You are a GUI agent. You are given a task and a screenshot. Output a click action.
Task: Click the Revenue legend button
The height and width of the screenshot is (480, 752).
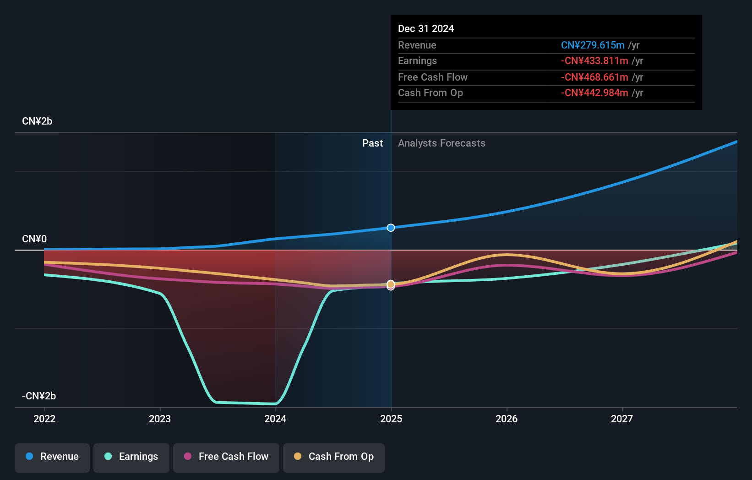tap(52, 457)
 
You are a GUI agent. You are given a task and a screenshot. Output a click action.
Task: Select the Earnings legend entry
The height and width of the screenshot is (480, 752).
tap(131, 457)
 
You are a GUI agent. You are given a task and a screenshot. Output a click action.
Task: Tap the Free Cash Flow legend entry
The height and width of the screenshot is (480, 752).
tap(226, 457)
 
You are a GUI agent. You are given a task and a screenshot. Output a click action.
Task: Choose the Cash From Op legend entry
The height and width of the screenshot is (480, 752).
tap(334, 457)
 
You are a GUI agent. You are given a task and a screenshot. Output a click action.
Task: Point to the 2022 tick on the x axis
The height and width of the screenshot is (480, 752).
tap(44, 419)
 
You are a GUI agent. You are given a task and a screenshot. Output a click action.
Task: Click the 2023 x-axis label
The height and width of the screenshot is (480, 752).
tap(160, 419)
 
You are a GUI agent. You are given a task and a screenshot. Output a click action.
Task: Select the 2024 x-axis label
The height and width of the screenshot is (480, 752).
tap(275, 419)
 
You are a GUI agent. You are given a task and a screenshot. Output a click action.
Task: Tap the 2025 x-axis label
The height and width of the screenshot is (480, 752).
tap(391, 419)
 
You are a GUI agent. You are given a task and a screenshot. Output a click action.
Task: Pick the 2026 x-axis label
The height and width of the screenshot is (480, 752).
tap(507, 419)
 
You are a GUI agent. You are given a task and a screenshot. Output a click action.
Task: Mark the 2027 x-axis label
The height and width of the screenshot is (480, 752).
tap(622, 419)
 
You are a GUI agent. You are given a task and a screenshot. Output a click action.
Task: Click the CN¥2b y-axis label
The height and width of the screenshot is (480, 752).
tap(37, 121)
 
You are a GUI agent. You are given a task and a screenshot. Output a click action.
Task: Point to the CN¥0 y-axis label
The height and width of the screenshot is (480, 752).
tap(34, 239)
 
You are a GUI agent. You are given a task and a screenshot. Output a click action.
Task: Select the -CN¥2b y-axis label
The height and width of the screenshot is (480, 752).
tap(39, 396)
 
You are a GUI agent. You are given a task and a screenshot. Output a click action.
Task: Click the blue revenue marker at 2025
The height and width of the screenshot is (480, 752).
tap(391, 228)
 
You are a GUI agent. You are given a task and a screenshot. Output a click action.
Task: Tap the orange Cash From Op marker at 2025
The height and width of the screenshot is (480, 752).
tap(391, 284)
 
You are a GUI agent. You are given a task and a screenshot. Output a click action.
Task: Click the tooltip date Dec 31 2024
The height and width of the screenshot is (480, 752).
tap(426, 29)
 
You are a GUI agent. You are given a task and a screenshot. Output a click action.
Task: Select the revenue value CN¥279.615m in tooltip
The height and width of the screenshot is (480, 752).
tap(593, 45)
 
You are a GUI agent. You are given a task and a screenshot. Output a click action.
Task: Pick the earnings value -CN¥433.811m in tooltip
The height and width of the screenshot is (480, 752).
tap(594, 61)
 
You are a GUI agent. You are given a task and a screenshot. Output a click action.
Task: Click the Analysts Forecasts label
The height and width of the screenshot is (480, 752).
tap(441, 143)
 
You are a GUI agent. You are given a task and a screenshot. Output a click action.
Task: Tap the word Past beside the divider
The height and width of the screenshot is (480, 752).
tap(372, 143)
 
